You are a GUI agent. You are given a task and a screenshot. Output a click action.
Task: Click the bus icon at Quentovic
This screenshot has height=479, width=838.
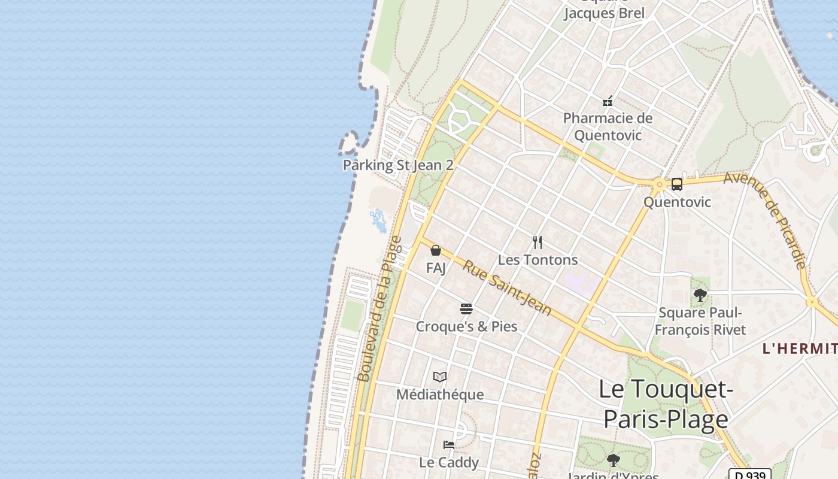(x=677, y=184)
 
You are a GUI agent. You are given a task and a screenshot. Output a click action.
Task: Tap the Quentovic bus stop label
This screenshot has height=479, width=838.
(x=677, y=202)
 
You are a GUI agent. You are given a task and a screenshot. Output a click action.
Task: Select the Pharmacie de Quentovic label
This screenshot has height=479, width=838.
(x=608, y=126)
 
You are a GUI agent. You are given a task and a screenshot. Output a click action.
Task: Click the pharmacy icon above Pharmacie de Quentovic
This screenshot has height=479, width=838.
(x=608, y=101)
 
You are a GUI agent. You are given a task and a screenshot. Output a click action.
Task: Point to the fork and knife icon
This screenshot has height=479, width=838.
(x=538, y=242)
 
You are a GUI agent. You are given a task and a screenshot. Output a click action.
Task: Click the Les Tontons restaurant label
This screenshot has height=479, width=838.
(x=538, y=260)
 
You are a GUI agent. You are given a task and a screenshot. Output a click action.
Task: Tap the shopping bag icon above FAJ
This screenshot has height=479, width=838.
(x=436, y=250)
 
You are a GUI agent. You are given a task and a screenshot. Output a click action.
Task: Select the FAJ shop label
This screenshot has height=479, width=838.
(x=436, y=268)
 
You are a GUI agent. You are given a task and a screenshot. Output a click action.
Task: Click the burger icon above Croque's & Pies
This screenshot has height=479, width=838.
(x=466, y=309)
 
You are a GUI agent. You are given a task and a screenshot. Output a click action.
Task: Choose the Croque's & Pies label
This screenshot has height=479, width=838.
(x=466, y=326)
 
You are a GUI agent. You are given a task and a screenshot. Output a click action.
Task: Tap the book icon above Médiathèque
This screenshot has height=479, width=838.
(x=440, y=377)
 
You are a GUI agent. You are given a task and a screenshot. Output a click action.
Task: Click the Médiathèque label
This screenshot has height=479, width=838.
(x=440, y=395)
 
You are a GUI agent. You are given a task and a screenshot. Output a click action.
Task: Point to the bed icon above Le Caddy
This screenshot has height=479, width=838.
(x=448, y=445)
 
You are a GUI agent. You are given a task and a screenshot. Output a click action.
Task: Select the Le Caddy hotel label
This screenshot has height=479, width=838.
(x=448, y=462)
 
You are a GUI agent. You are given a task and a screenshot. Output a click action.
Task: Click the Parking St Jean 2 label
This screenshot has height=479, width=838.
(x=398, y=165)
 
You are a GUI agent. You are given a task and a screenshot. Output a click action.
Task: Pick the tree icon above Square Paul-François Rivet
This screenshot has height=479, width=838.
(x=700, y=295)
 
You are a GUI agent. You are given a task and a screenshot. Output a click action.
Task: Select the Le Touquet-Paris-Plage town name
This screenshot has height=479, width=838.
(x=666, y=404)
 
